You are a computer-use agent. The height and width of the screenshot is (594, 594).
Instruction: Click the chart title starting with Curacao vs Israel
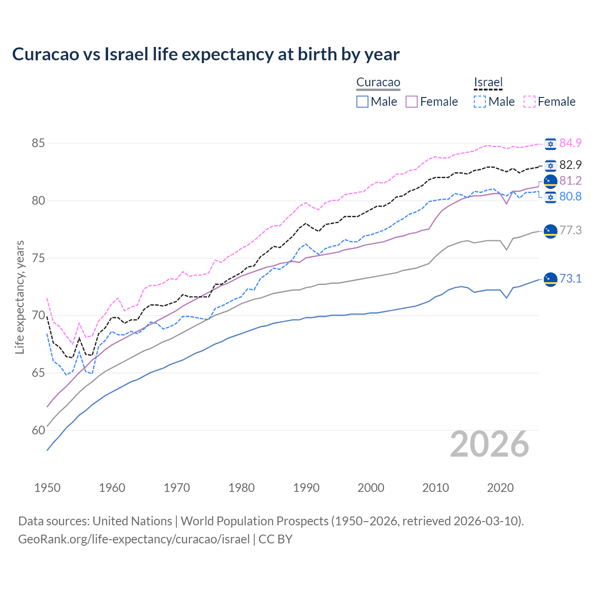[206, 54]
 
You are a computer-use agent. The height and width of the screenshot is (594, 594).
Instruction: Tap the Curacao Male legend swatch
[362, 102]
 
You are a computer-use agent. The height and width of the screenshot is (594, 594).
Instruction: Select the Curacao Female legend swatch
[412, 102]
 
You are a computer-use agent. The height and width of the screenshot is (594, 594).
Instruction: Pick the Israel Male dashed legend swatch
[480, 102]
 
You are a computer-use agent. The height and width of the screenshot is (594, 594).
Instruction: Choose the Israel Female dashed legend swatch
[529, 102]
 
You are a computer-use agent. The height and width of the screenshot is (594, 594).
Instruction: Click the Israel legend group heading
[488, 83]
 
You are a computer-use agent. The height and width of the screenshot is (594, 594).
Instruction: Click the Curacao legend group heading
[378, 83]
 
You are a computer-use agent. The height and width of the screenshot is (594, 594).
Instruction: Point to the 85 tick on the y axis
[38, 143]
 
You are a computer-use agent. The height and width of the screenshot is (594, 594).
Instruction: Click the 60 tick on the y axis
[38, 430]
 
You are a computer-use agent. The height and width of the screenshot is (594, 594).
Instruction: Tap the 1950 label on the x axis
[47, 488]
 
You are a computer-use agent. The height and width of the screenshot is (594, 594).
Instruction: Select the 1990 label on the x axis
[306, 488]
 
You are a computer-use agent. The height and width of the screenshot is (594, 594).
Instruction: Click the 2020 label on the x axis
[500, 488]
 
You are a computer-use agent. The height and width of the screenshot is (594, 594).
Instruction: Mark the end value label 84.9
[570, 143]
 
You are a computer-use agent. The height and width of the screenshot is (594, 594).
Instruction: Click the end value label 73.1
[570, 278]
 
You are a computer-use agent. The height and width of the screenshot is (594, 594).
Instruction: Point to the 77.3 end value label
[570, 230]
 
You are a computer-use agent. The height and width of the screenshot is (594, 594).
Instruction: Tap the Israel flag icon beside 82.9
[550, 165]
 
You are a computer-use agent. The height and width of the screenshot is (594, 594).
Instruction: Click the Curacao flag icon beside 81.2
[550, 181]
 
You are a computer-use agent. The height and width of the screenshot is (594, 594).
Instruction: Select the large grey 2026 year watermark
[490, 444]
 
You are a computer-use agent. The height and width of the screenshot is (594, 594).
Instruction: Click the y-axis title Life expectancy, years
[19, 297]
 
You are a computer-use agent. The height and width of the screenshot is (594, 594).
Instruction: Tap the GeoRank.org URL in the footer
[134, 539]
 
